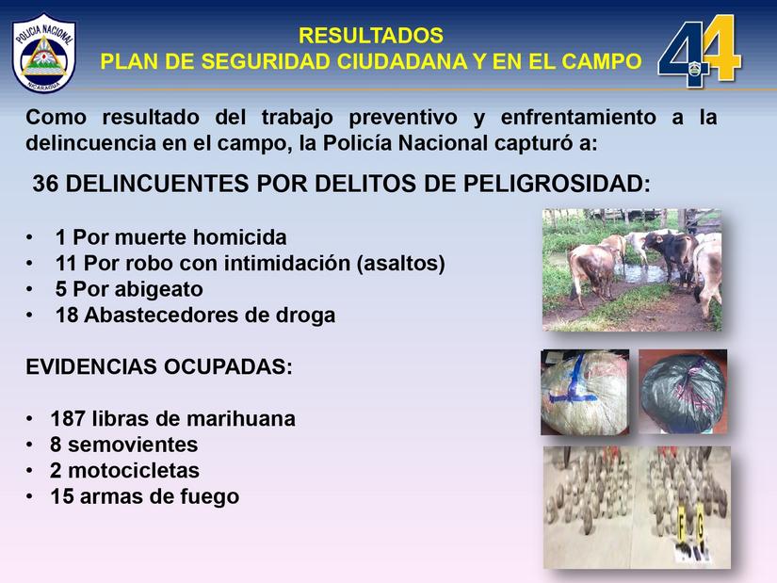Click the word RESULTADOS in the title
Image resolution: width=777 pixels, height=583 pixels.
coord(370,36)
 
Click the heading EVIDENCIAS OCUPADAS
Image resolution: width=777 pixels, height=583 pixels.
coord(159,367)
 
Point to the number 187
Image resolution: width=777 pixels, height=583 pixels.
coord(69,418)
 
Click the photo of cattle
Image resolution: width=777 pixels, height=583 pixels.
coord(631,268)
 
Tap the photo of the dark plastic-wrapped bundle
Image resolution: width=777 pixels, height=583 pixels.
coord(683,391)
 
